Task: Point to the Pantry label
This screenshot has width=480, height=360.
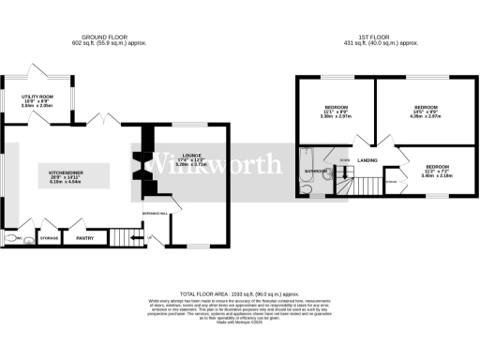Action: [85, 238]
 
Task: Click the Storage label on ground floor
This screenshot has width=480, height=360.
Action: [50, 238]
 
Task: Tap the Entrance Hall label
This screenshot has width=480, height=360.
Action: [155, 214]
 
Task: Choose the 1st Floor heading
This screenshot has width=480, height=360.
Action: [381, 37]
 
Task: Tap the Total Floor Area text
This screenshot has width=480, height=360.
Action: [239, 293]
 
